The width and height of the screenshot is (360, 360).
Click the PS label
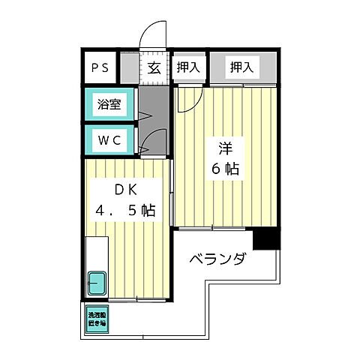[100, 68]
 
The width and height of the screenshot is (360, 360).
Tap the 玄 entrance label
[153, 68]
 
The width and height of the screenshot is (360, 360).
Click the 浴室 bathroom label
[109, 105]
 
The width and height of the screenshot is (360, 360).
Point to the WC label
[109, 139]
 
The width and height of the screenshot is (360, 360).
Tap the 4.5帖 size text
[125, 211]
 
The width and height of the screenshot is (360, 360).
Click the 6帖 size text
[225, 169]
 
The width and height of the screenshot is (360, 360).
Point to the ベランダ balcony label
[217, 260]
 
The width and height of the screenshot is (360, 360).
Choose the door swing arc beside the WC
[154, 142]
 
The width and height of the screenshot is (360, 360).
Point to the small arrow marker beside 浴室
[144, 116]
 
